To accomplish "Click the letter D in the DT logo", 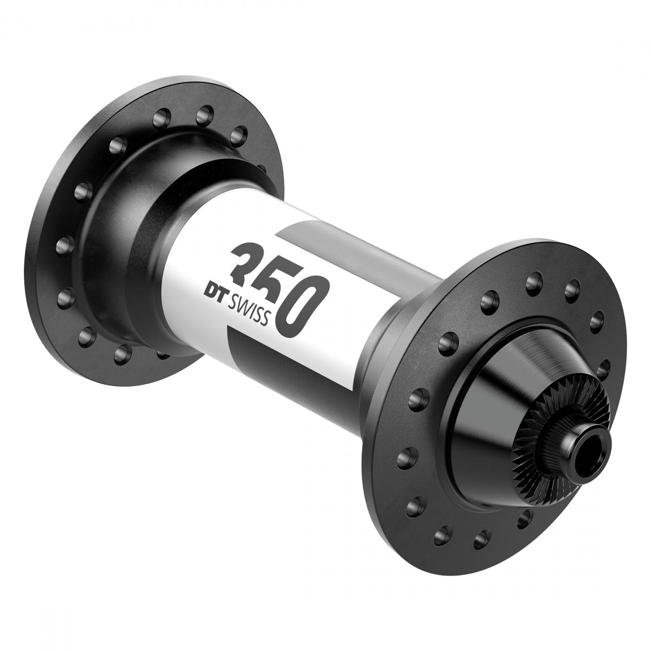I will pyautogui.click(x=219, y=288).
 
